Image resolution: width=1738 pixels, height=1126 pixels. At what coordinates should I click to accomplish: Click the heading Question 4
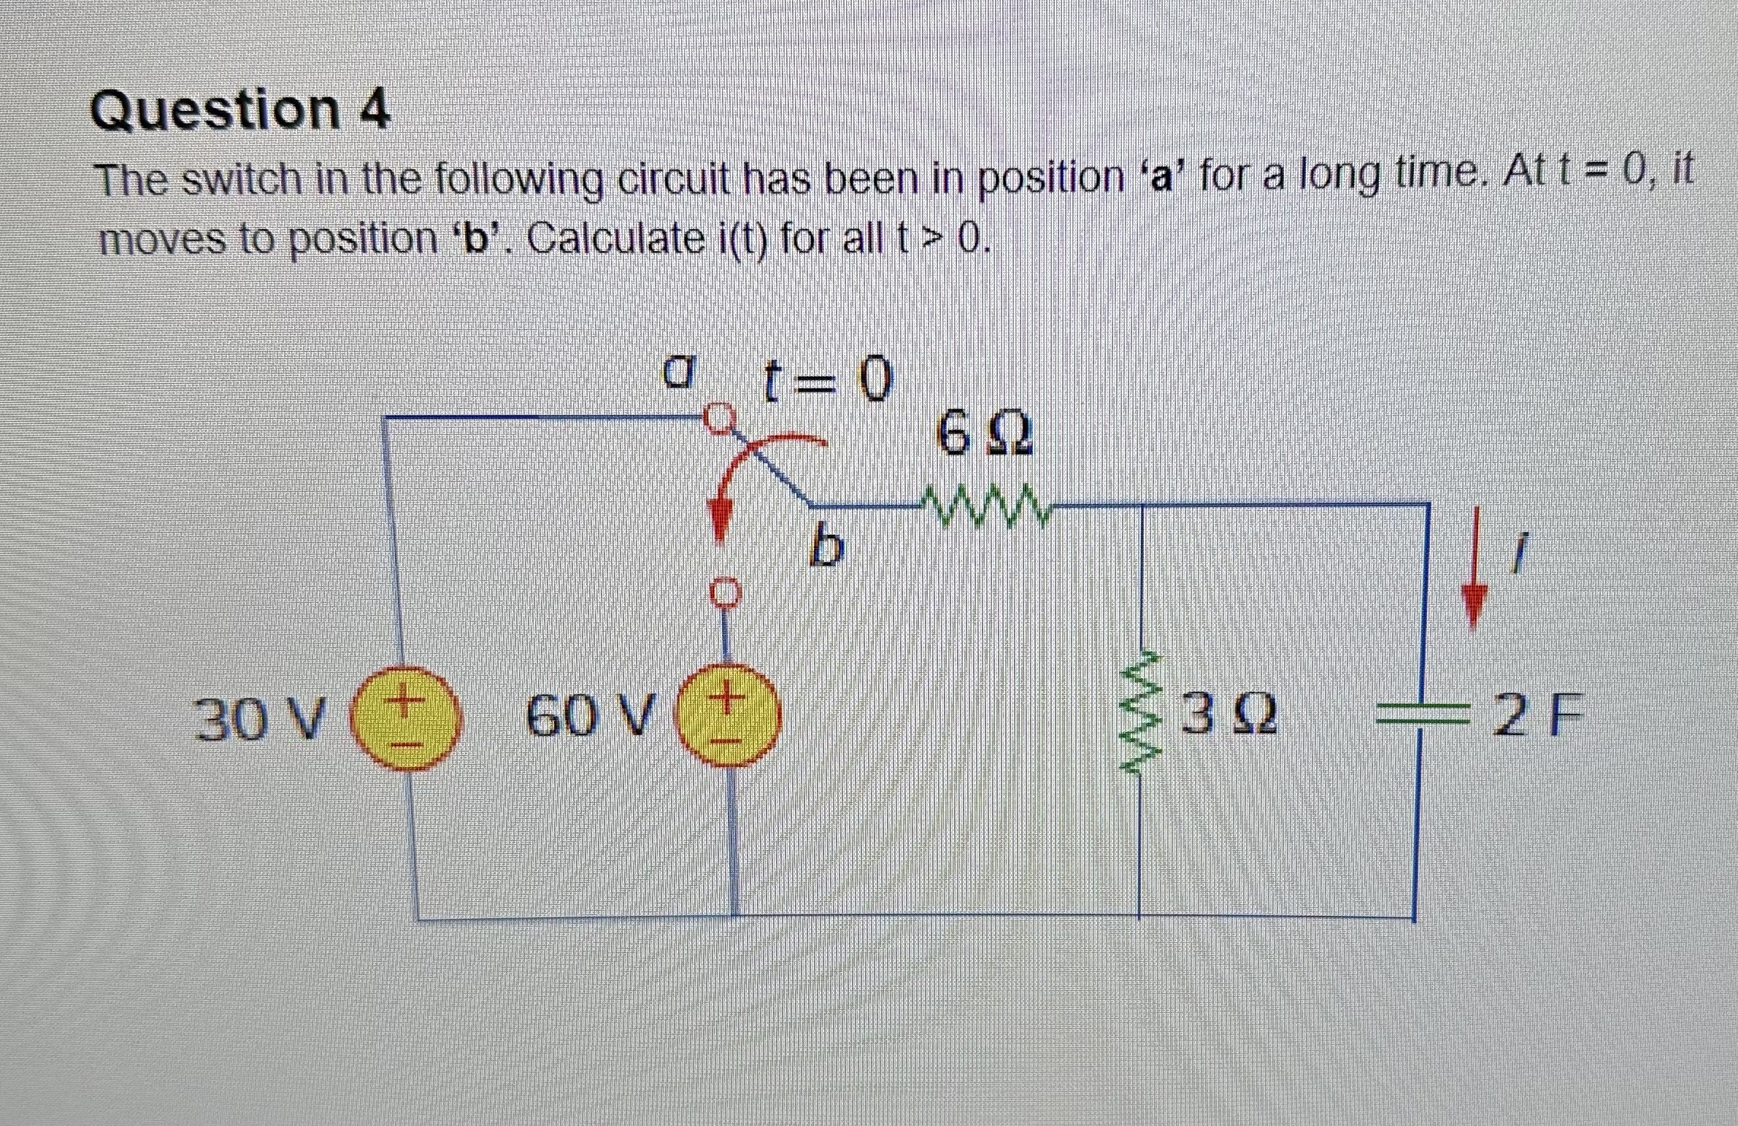click(240, 111)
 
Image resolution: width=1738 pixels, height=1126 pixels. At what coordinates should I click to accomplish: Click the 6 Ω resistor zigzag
click(983, 504)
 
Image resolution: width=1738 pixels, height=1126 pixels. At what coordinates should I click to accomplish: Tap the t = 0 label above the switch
click(826, 381)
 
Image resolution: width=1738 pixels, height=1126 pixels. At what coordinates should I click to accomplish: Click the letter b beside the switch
click(826, 548)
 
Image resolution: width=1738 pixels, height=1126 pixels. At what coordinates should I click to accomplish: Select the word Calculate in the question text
click(612, 238)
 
